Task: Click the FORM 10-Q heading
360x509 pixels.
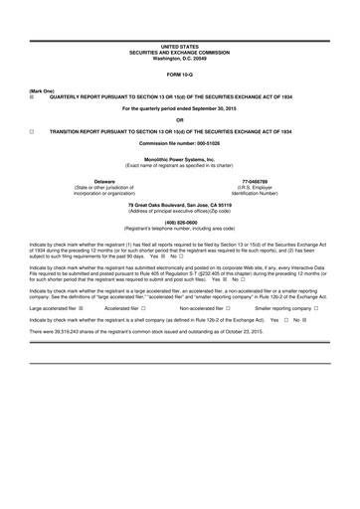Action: (180, 75)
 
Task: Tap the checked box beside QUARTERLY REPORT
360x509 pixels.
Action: (33, 97)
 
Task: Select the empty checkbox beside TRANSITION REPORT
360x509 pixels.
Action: (33, 131)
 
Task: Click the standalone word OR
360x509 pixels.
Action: (180, 119)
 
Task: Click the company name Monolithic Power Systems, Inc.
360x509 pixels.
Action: (180, 158)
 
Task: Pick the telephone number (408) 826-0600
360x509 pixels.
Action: (180, 222)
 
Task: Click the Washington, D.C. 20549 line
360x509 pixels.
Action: (180, 58)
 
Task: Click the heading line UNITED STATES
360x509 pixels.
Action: (180, 47)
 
